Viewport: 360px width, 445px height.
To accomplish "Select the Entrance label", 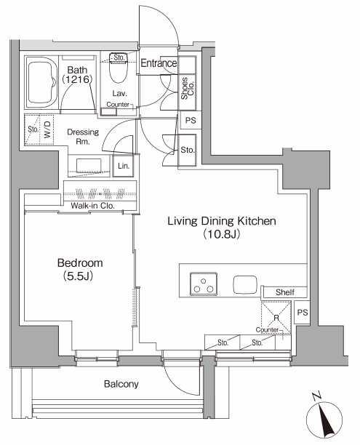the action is pyautogui.click(x=159, y=63).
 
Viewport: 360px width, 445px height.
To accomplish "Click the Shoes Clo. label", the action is pyautogui.click(x=188, y=88).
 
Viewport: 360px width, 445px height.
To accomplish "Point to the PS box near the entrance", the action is pyautogui.click(x=191, y=120).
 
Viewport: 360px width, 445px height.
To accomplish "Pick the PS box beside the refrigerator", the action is pyautogui.click(x=302, y=313).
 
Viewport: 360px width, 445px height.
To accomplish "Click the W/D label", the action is pyautogui.click(x=47, y=130).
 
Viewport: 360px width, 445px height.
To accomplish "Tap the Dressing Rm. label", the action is pyautogui.click(x=83, y=137).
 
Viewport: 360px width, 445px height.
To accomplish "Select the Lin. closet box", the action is pyautogui.click(x=123, y=166).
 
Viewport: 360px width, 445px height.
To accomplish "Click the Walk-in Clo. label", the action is pyautogui.click(x=92, y=206).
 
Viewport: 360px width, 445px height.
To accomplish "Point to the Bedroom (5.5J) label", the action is pyautogui.click(x=80, y=269).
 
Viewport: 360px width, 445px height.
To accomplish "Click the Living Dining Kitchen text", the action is pyautogui.click(x=221, y=221).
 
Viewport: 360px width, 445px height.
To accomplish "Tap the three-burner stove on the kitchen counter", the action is pyautogui.click(x=204, y=284).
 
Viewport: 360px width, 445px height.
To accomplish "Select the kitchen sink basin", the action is pyautogui.click(x=245, y=284).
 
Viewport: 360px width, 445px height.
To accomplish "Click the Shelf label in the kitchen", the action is pyautogui.click(x=285, y=292).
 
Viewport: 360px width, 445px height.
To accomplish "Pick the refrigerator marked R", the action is pyautogui.click(x=276, y=317).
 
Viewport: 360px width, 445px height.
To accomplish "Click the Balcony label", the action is pyautogui.click(x=121, y=384).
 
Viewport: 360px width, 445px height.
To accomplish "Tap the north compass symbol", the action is pyautogui.click(x=324, y=419).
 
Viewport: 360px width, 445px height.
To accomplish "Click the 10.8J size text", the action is pyautogui.click(x=221, y=234).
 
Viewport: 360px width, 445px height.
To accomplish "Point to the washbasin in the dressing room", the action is pyautogui.click(x=89, y=166).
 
